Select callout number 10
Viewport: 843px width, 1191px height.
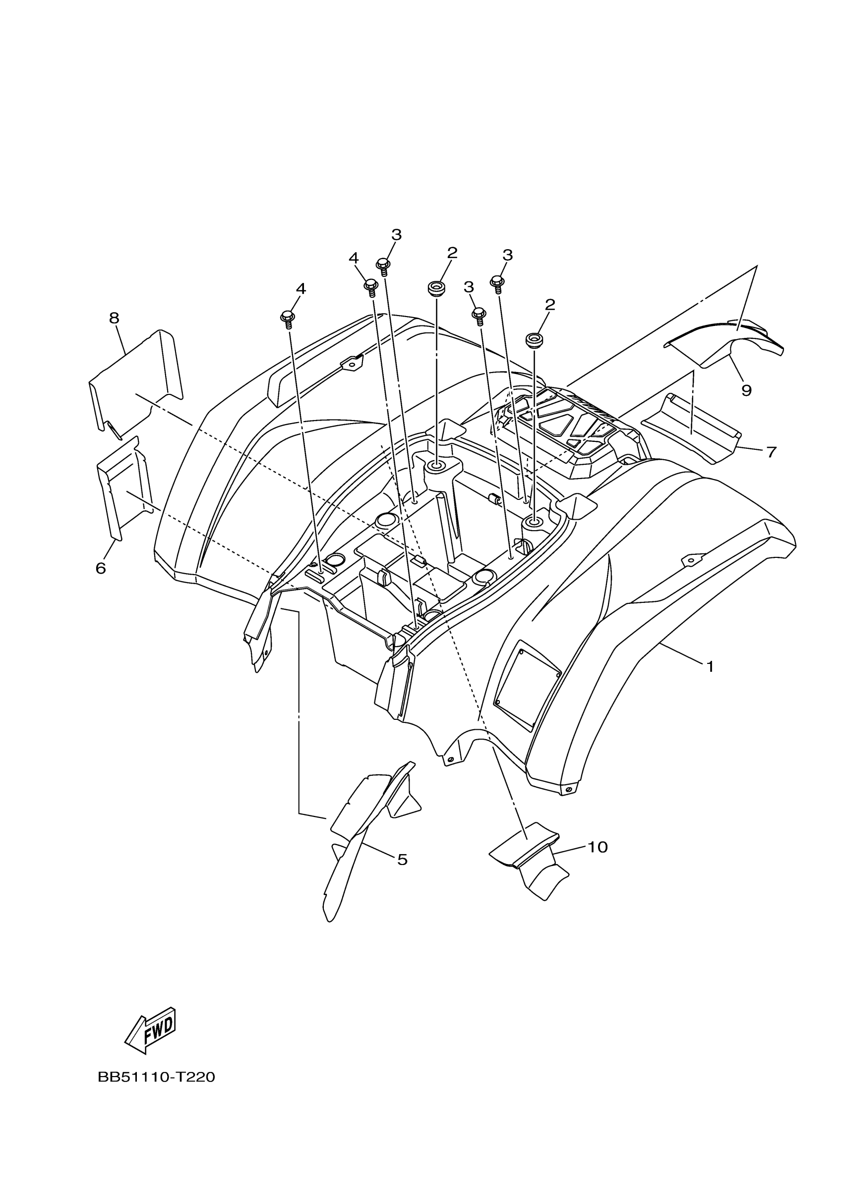(598, 847)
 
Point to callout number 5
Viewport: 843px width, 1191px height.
(402, 860)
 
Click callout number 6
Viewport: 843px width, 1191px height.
(101, 569)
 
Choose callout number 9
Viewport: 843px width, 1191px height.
(746, 390)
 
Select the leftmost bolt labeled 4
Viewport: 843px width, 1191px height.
(287, 317)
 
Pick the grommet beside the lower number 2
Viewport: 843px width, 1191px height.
(533, 340)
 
